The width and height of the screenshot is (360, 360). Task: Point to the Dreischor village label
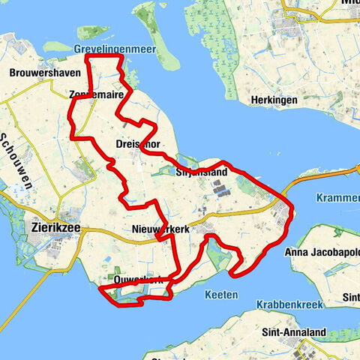tap(137, 142)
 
